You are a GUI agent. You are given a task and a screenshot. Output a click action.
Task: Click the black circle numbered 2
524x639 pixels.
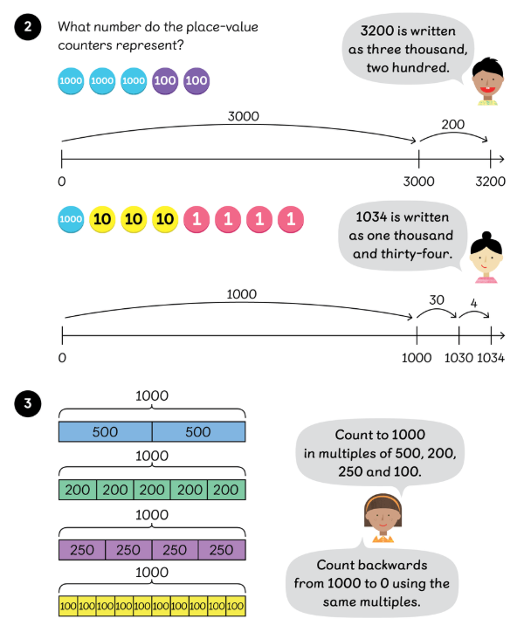tap(28, 27)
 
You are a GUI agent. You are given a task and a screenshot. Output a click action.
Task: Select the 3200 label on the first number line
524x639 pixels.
tap(491, 182)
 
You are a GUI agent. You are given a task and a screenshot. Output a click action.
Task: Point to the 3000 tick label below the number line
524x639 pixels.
tap(419, 182)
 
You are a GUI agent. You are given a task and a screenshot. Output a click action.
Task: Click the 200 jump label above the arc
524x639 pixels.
tap(453, 125)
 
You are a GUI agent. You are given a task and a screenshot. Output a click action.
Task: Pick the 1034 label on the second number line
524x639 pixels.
tap(492, 358)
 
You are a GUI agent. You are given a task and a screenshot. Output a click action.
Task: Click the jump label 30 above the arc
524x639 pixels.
tap(437, 299)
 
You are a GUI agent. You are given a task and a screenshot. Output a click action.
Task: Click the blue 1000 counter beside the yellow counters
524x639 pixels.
tap(71, 219)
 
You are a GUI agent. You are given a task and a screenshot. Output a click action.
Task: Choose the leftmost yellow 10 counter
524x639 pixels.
tap(102, 219)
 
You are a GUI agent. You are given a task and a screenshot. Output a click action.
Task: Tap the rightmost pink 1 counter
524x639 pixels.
tap(291, 219)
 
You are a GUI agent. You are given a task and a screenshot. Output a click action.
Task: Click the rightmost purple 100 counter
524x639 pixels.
tap(196, 81)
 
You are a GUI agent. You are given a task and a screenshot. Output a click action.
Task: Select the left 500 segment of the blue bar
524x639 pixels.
tap(105, 432)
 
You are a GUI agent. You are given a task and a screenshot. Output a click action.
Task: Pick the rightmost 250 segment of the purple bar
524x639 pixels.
tap(222, 550)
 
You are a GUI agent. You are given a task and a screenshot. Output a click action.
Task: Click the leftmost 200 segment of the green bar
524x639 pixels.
tap(77, 490)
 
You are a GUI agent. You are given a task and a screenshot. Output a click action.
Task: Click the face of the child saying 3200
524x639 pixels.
tap(486, 81)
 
